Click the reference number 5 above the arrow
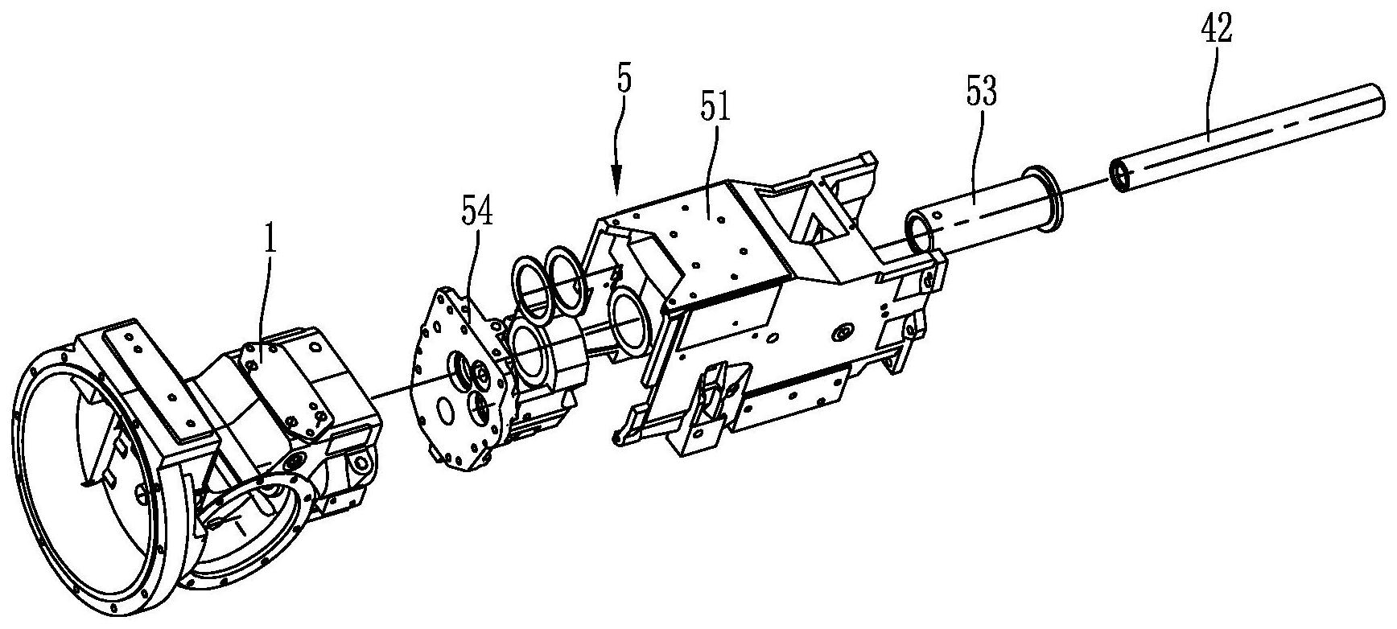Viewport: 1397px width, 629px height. coord(625,80)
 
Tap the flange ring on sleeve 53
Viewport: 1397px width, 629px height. coord(1042,201)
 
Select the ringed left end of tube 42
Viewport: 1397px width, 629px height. coord(1120,177)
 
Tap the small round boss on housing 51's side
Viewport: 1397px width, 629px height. coord(843,331)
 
